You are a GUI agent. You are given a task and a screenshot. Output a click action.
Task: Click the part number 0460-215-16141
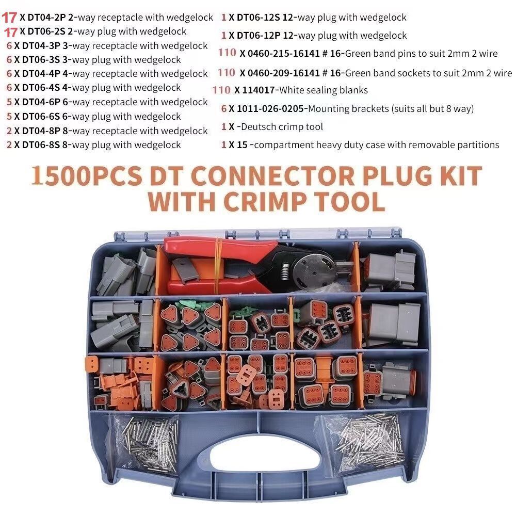pyautogui.click(x=285, y=53)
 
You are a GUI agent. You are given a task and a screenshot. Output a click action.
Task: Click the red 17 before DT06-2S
pyautogui.click(x=11, y=32)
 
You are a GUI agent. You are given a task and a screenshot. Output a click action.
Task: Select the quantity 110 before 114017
pyautogui.click(x=221, y=90)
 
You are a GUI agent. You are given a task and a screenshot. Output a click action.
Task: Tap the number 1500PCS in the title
pyautogui.click(x=87, y=177)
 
